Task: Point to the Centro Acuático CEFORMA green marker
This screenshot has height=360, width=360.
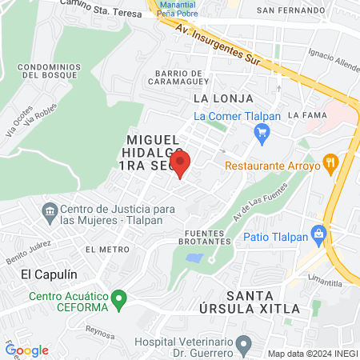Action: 119,302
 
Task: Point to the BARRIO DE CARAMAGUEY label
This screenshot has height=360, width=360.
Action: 177,76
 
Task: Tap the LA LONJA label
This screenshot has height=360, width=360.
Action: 223,98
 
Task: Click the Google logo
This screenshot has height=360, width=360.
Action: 27,350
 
